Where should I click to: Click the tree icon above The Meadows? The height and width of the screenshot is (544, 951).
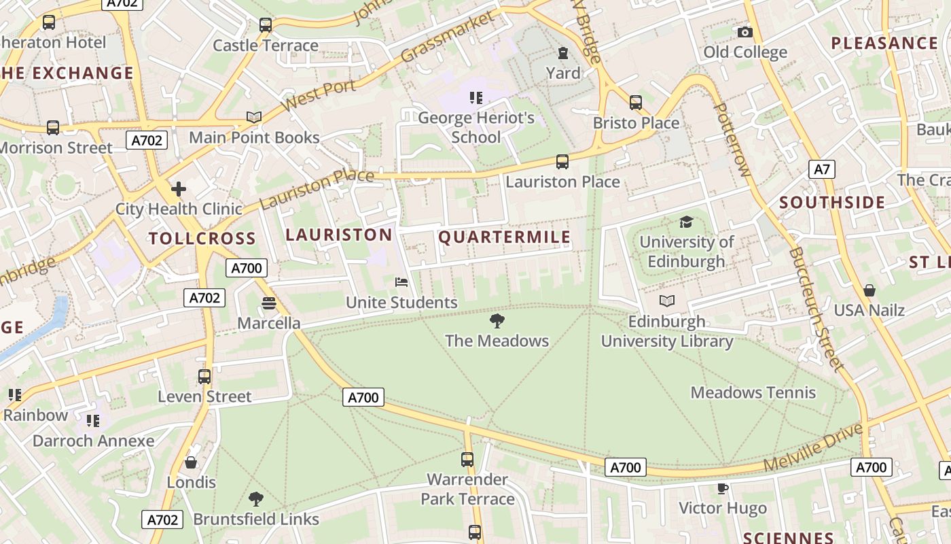tap(497, 321)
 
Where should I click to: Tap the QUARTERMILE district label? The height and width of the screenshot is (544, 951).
tap(504, 237)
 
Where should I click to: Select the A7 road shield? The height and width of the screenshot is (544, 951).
tap(822, 169)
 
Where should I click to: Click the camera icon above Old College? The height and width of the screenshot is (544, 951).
tap(745, 32)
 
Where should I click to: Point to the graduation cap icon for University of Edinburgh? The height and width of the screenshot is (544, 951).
tap(686, 222)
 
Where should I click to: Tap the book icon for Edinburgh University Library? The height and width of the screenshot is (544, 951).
tap(667, 301)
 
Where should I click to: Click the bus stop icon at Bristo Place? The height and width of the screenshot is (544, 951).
tap(636, 103)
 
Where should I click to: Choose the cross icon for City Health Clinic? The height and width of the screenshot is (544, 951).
tap(179, 188)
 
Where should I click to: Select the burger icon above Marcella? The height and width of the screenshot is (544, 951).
tap(269, 303)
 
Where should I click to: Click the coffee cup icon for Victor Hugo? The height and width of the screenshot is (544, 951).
tap(723, 488)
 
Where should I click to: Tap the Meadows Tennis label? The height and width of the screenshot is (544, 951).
tap(753, 392)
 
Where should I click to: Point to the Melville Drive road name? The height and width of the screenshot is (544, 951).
tap(812, 448)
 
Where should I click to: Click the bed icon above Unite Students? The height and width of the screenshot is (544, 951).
tap(401, 282)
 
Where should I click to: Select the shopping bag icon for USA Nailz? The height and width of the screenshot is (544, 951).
tap(869, 290)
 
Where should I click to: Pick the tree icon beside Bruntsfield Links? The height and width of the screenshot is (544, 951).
tap(256, 500)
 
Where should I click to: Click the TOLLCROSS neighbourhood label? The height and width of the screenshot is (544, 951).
tap(202, 239)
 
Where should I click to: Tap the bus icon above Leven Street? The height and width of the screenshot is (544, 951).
tap(204, 376)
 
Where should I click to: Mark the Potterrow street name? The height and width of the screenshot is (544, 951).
tap(732, 140)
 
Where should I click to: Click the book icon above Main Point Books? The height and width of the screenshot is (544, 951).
tap(254, 118)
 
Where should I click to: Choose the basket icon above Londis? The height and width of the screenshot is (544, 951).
tap(191, 462)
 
